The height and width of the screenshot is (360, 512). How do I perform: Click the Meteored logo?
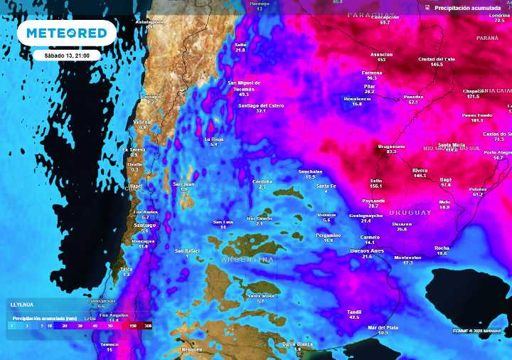pos(66,33)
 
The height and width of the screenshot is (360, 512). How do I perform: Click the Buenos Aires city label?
pos(367,251)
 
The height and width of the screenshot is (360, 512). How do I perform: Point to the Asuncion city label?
pos(381,54)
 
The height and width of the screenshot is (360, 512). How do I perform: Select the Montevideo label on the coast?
pos(407,258)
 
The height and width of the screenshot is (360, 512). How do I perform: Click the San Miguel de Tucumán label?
pos(244,85)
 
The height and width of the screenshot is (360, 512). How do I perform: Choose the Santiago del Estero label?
pos(261,105)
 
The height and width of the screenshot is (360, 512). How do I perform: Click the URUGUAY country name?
pos(410,213)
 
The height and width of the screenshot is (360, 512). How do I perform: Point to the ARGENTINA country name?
pos(248,260)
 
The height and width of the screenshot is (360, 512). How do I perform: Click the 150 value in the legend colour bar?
pos(133,325)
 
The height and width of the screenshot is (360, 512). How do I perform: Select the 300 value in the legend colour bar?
pos(147,325)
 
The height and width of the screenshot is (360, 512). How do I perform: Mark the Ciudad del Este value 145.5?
pos(437,64)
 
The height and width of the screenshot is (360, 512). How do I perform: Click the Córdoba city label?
pos(262,181)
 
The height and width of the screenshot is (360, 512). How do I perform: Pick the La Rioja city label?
pos(214,139)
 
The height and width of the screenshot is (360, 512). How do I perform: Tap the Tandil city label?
pos(354,312)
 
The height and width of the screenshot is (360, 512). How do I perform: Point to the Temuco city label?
pos(109,344)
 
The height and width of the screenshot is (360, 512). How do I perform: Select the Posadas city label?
pos(413,96)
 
